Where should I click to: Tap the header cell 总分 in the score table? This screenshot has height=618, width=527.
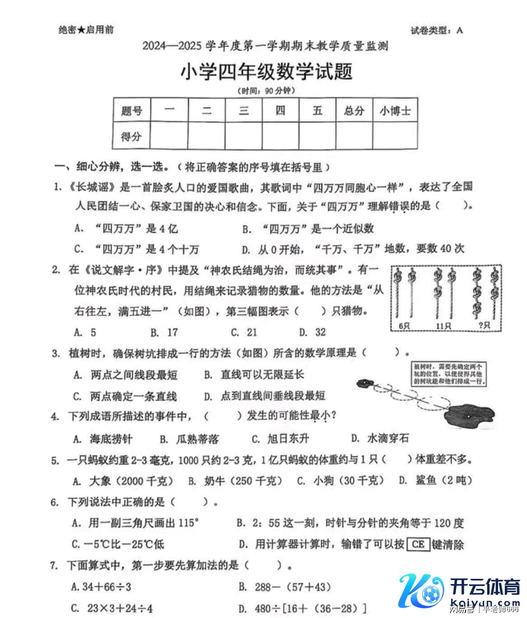click(x=354, y=111)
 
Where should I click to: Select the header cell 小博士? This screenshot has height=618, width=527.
click(x=395, y=111)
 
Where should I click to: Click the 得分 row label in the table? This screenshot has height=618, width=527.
click(x=131, y=136)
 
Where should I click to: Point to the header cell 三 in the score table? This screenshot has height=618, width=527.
click(x=244, y=111)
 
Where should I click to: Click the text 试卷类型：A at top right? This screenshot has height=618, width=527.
click(x=437, y=31)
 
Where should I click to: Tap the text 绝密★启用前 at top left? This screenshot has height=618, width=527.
click(x=86, y=30)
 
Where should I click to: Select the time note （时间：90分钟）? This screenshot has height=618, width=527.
click(x=266, y=91)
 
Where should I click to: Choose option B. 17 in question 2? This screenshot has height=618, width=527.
click(x=165, y=333)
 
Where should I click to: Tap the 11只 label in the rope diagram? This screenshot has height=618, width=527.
click(x=443, y=326)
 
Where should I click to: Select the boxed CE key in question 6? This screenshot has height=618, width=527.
click(x=418, y=544)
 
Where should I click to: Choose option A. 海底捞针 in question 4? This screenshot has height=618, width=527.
click(x=103, y=439)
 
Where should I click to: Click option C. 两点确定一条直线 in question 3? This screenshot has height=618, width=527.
click(x=125, y=396)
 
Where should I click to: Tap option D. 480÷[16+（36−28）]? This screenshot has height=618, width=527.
click(x=302, y=608)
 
